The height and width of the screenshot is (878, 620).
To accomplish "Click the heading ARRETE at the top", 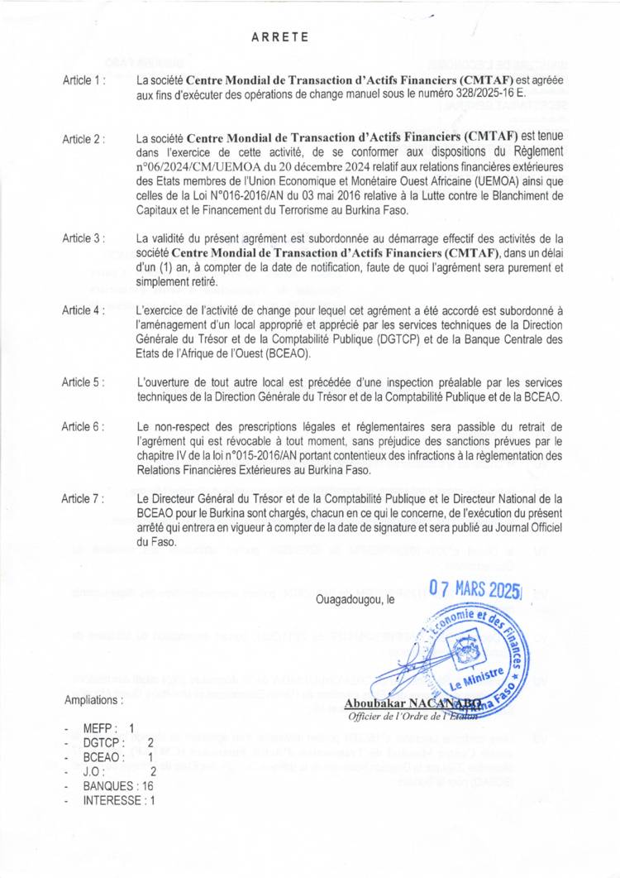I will (x=279, y=36).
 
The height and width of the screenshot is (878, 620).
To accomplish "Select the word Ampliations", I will (x=94, y=699).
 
